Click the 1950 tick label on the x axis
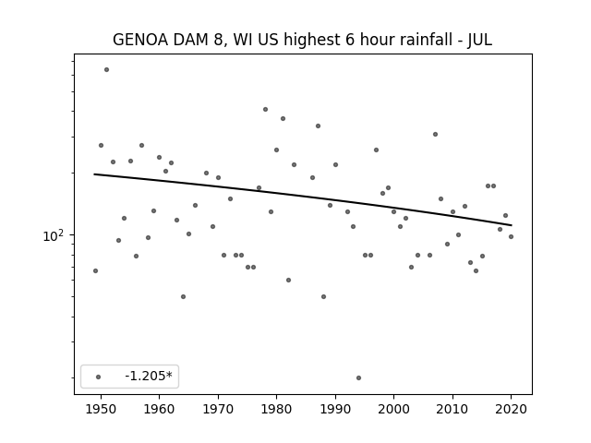[x=101, y=409]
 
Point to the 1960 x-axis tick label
[x=159, y=409]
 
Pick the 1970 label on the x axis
[x=218, y=409]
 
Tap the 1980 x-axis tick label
[x=276, y=409]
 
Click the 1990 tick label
[x=335, y=409]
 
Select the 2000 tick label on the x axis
[x=393, y=409]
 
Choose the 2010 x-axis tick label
[x=452, y=409]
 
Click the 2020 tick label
[x=511, y=409]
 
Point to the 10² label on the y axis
[x=54, y=235]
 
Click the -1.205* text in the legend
[x=149, y=376]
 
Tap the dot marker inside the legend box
[x=99, y=377]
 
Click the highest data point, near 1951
[x=107, y=70]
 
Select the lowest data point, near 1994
[x=358, y=377]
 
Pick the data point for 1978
[x=265, y=109]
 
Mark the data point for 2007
[x=435, y=134]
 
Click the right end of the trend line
[x=512, y=225]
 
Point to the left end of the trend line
[x=94, y=174]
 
